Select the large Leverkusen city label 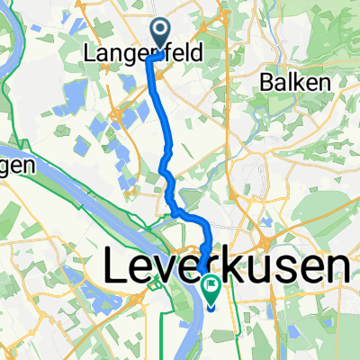click(x=226, y=267)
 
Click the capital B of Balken click(x=266, y=82)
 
